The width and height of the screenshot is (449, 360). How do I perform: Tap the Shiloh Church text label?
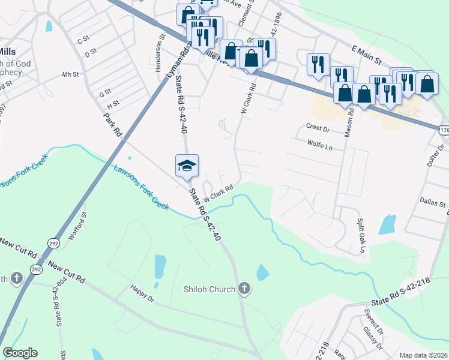209,290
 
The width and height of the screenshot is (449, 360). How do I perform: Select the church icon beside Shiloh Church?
244,289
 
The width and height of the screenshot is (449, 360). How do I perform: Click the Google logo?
20,353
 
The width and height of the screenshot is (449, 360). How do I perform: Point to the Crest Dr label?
318,128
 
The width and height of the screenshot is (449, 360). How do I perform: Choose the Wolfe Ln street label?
319,145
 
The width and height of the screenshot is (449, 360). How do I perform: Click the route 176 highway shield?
444,130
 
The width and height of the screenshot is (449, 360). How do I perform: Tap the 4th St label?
70,75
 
